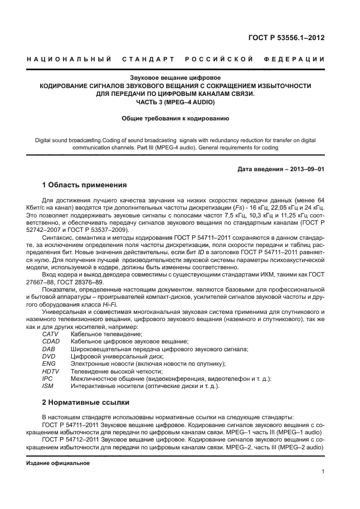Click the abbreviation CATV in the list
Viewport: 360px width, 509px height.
pos(51,334)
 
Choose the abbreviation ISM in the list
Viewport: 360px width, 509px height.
pos(48,386)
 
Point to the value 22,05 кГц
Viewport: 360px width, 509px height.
pos(275,206)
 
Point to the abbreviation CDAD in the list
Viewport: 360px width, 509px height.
pos(51,341)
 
